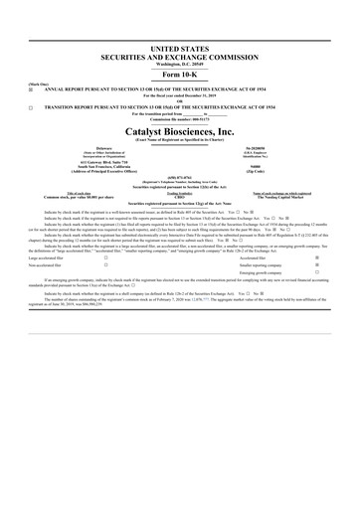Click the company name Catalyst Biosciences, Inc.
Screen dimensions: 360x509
(180, 129)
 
